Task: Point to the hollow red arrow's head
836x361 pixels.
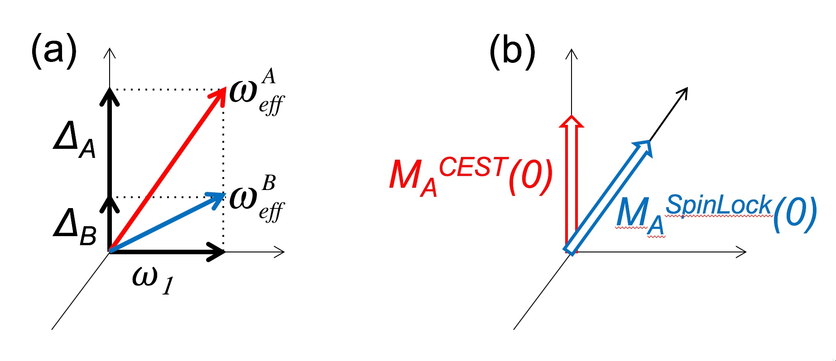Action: pos(572,121)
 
